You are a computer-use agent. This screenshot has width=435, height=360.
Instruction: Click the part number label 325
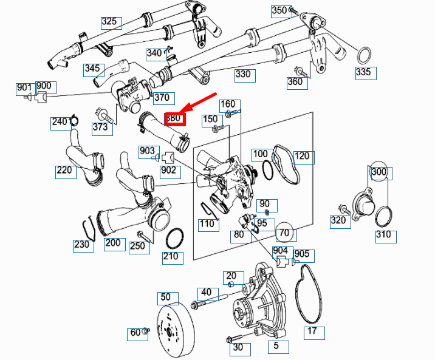(111, 22)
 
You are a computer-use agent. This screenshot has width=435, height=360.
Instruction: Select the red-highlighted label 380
(174, 118)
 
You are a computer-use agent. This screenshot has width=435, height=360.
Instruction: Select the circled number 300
(379, 172)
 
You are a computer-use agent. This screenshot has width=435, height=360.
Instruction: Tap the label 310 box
(384, 235)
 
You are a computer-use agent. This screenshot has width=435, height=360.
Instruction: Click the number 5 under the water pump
(277, 347)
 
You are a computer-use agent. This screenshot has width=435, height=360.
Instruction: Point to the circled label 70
(284, 232)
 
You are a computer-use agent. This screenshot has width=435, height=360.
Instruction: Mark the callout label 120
(304, 157)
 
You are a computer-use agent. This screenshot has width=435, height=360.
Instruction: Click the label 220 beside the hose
(66, 171)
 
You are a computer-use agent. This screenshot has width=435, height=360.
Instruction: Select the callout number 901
(24, 87)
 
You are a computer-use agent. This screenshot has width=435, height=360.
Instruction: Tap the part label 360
(296, 82)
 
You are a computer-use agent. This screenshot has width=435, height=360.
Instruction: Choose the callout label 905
(302, 254)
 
